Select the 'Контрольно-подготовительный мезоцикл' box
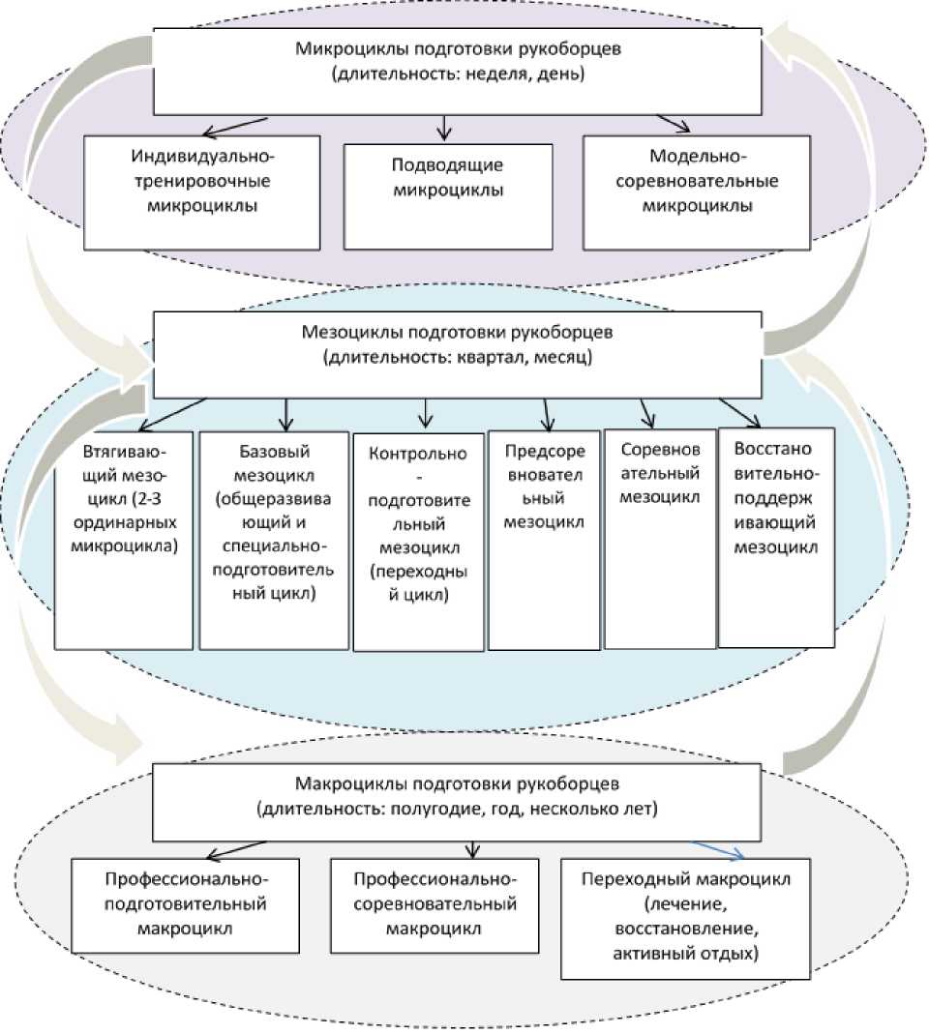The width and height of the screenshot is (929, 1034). click(x=418, y=541)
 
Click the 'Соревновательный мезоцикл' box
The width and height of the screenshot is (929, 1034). click(x=659, y=537)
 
